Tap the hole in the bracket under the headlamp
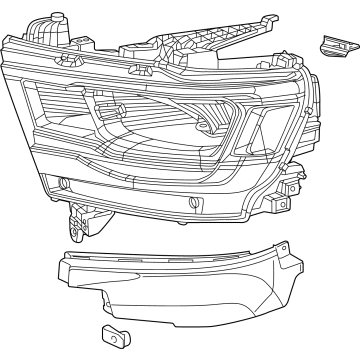click(76, 213)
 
